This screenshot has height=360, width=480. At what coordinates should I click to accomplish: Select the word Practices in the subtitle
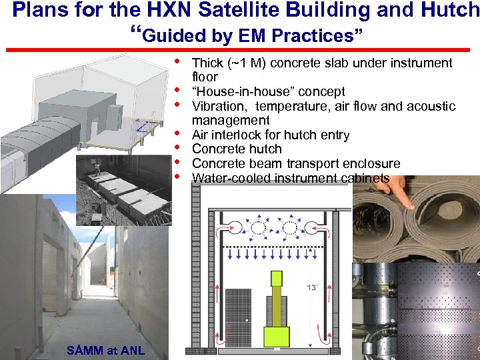click(323, 35)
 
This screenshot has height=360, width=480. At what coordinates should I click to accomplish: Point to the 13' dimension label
click(311, 288)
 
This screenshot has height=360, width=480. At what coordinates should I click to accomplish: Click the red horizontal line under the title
click(240, 49)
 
